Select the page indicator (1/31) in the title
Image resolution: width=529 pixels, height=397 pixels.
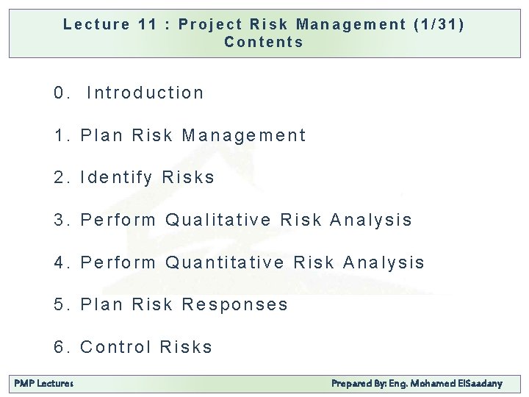(x=439, y=24)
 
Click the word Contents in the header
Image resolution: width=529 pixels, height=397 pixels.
(x=264, y=42)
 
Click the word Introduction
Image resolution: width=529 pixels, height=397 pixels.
(x=145, y=93)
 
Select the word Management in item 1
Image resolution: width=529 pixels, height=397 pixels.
(x=243, y=135)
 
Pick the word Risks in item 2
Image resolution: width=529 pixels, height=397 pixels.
(x=188, y=177)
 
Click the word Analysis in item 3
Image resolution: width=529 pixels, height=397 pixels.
(x=371, y=220)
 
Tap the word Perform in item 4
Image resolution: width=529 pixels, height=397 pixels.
(x=118, y=262)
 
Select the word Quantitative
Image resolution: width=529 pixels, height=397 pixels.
(x=225, y=262)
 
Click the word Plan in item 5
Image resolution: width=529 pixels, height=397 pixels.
(x=102, y=304)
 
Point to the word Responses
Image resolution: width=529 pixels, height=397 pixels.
(x=234, y=304)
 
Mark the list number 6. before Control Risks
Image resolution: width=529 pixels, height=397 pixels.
(x=62, y=347)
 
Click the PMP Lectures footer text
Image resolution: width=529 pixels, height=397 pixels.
(x=44, y=384)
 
